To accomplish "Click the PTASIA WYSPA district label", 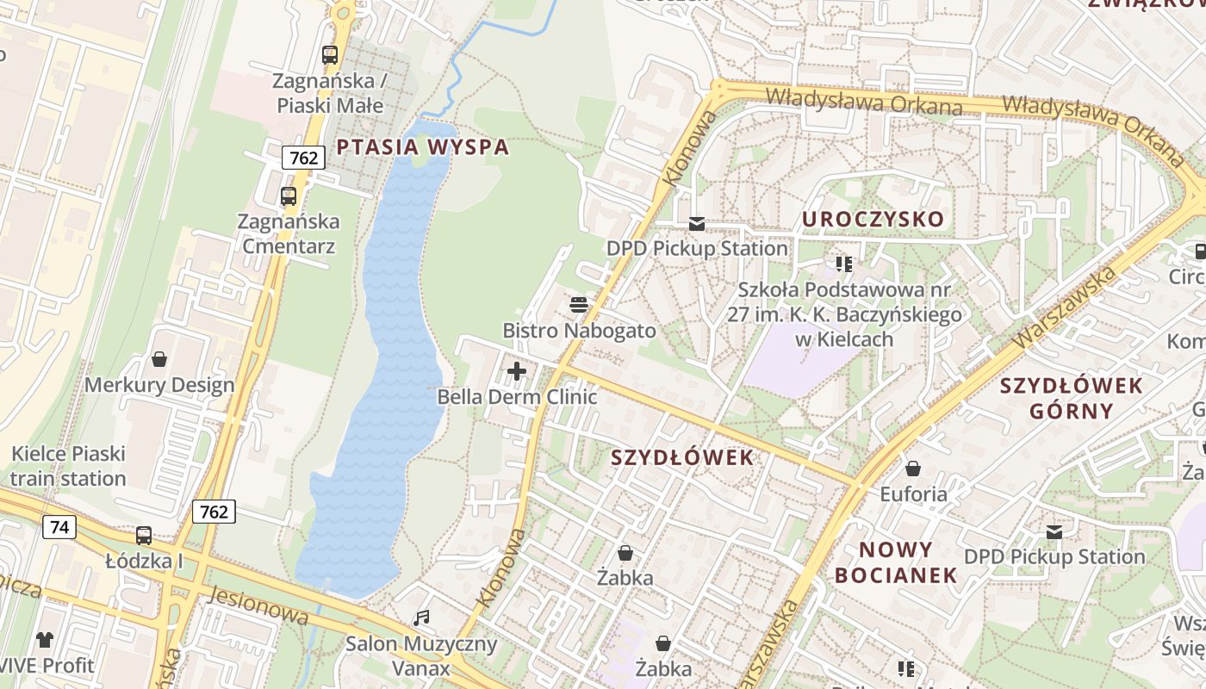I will pyautogui.click(x=423, y=146).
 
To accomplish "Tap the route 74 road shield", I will pyautogui.click(x=59, y=527).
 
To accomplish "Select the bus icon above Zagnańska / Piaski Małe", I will pyautogui.click(x=330, y=55).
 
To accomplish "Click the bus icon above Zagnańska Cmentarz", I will pyautogui.click(x=289, y=196).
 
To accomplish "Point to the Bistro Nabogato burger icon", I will pyautogui.click(x=579, y=305).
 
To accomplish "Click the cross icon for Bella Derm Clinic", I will pyautogui.click(x=517, y=371).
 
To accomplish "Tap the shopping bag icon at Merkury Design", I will pyautogui.click(x=159, y=358).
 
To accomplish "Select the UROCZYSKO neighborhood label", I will pyautogui.click(x=873, y=219).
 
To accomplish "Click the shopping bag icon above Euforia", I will pyautogui.click(x=912, y=469).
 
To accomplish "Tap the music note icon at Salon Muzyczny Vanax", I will pyautogui.click(x=421, y=618).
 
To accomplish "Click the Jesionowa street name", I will pyautogui.click(x=258, y=605).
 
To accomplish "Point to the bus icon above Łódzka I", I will pyautogui.click(x=144, y=536).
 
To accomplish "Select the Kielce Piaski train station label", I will pyautogui.click(x=68, y=466).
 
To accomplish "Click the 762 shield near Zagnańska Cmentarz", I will pyautogui.click(x=303, y=158).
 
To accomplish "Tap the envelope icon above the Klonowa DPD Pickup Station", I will pyautogui.click(x=696, y=224).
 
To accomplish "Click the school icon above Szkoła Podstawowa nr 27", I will pyautogui.click(x=844, y=264).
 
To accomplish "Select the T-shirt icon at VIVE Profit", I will pyautogui.click(x=45, y=640).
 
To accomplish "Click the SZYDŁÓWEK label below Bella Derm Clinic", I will pyautogui.click(x=682, y=457).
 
